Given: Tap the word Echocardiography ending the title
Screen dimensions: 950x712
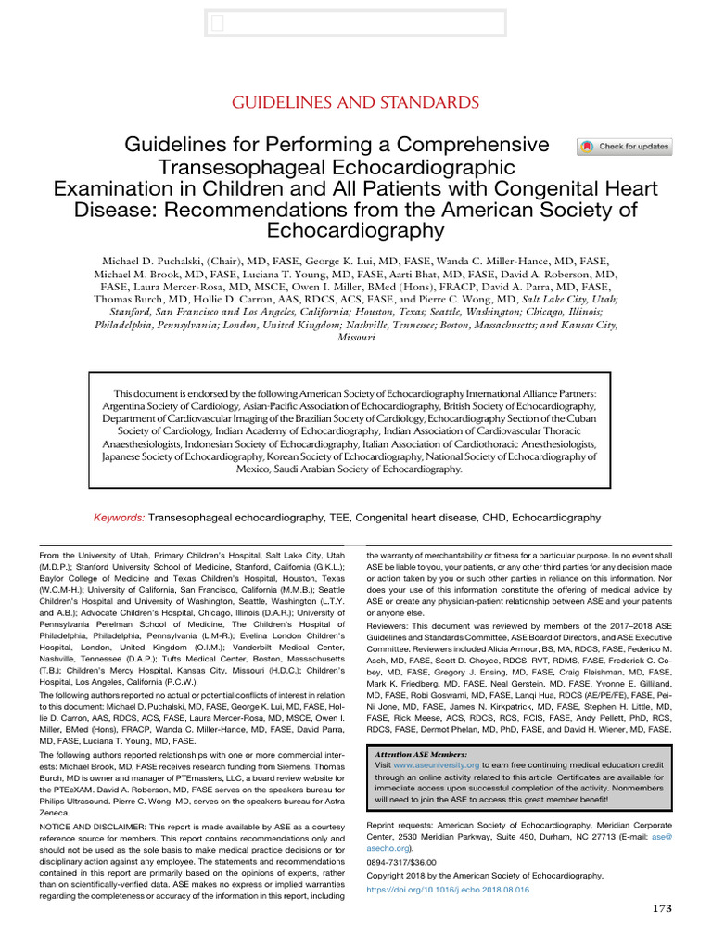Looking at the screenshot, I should point(355,230).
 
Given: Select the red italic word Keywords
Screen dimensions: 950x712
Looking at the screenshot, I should point(120,517).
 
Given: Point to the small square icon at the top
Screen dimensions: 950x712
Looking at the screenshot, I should point(217,24).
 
